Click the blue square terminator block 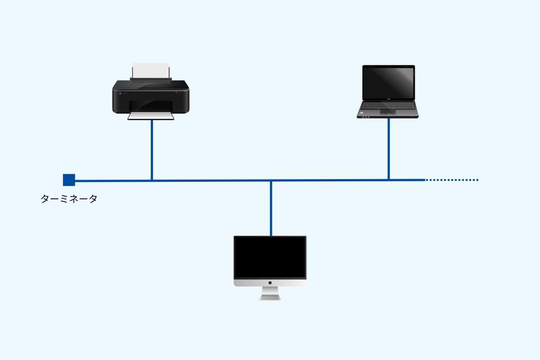(x=69, y=180)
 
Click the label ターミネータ (x=69, y=199)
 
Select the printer (x=151, y=92)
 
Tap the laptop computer (x=388, y=92)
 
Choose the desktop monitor (x=270, y=268)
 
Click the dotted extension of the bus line (x=452, y=180)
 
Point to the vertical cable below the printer (x=152, y=150)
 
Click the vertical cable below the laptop (x=389, y=149)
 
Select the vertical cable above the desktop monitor (x=271, y=208)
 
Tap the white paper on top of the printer (x=151, y=70)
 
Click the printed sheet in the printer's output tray (x=151, y=116)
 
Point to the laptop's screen (x=389, y=83)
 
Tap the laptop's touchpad (x=388, y=112)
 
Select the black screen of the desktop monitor (x=270, y=257)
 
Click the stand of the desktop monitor (x=270, y=293)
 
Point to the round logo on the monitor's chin (x=270, y=283)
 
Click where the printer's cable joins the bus (x=152, y=180)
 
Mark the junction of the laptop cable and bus (x=389, y=180)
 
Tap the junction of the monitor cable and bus (x=271, y=180)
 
